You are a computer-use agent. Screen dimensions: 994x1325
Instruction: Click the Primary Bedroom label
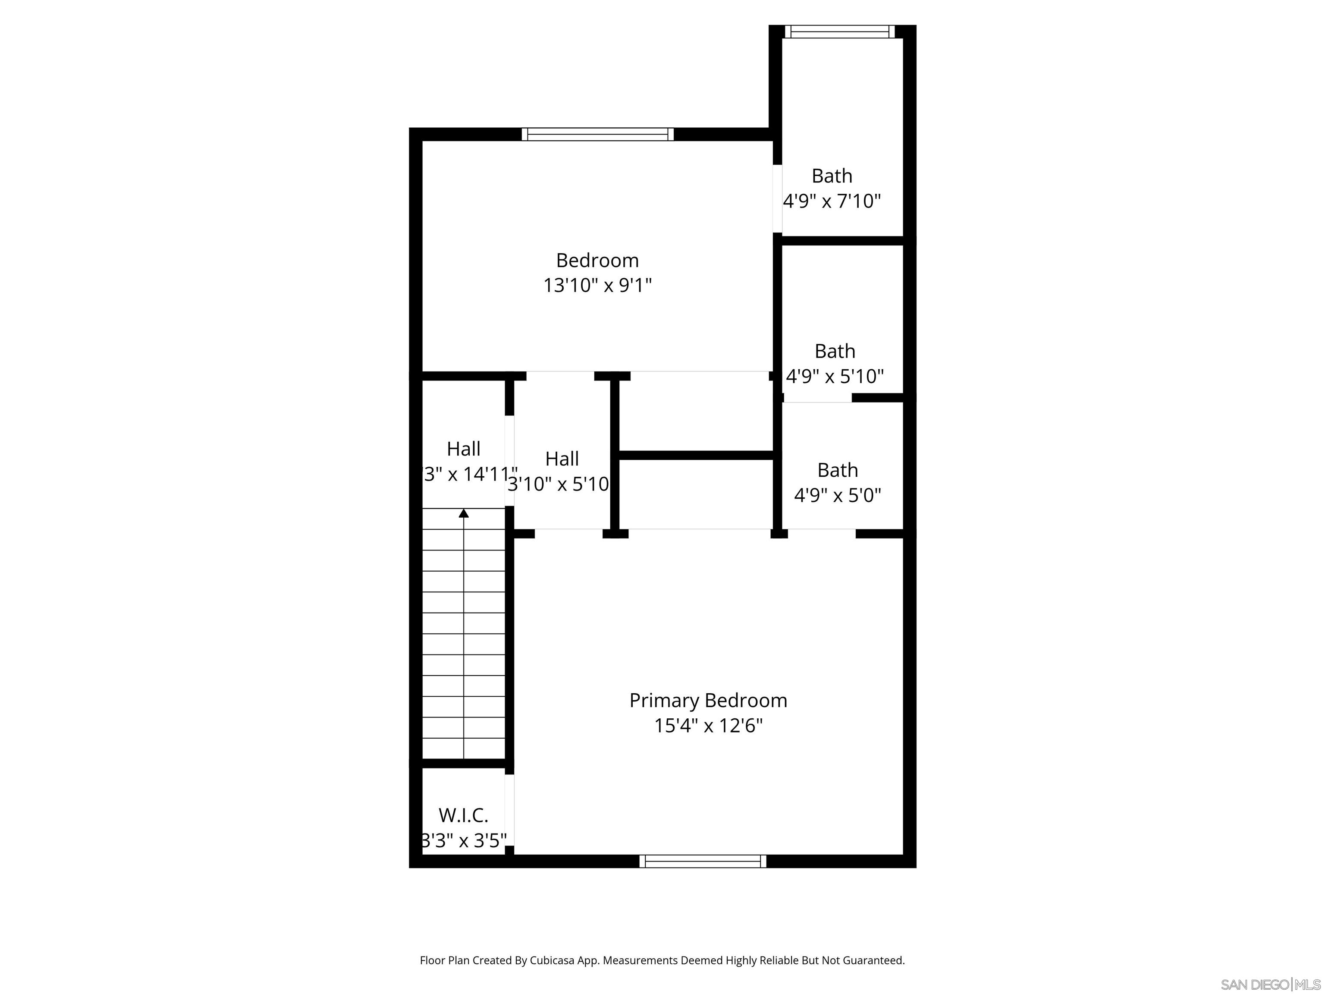tap(708, 700)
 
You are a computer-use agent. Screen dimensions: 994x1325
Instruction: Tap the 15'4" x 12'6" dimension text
tap(708, 726)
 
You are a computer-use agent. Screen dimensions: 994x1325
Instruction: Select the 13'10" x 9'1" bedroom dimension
tap(597, 285)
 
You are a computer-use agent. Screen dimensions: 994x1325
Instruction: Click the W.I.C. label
tap(464, 815)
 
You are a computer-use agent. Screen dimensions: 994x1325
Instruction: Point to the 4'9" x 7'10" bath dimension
tap(832, 201)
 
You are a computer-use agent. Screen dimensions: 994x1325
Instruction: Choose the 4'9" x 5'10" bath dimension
tap(835, 376)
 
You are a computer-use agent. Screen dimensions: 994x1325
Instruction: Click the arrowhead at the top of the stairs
tap(464, 513)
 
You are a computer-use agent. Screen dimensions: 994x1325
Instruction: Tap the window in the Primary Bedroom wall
tap(703, 861)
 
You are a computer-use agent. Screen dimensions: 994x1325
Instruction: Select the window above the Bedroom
tap(597, 134)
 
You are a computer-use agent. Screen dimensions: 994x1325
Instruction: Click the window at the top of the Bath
tap(840, 32)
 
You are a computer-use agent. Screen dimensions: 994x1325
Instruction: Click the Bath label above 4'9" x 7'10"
tap(832, 176)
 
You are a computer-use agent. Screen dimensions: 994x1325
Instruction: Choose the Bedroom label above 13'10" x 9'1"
tap(597, 261)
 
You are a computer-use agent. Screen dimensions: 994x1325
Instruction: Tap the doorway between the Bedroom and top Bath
tap(777, 198)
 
